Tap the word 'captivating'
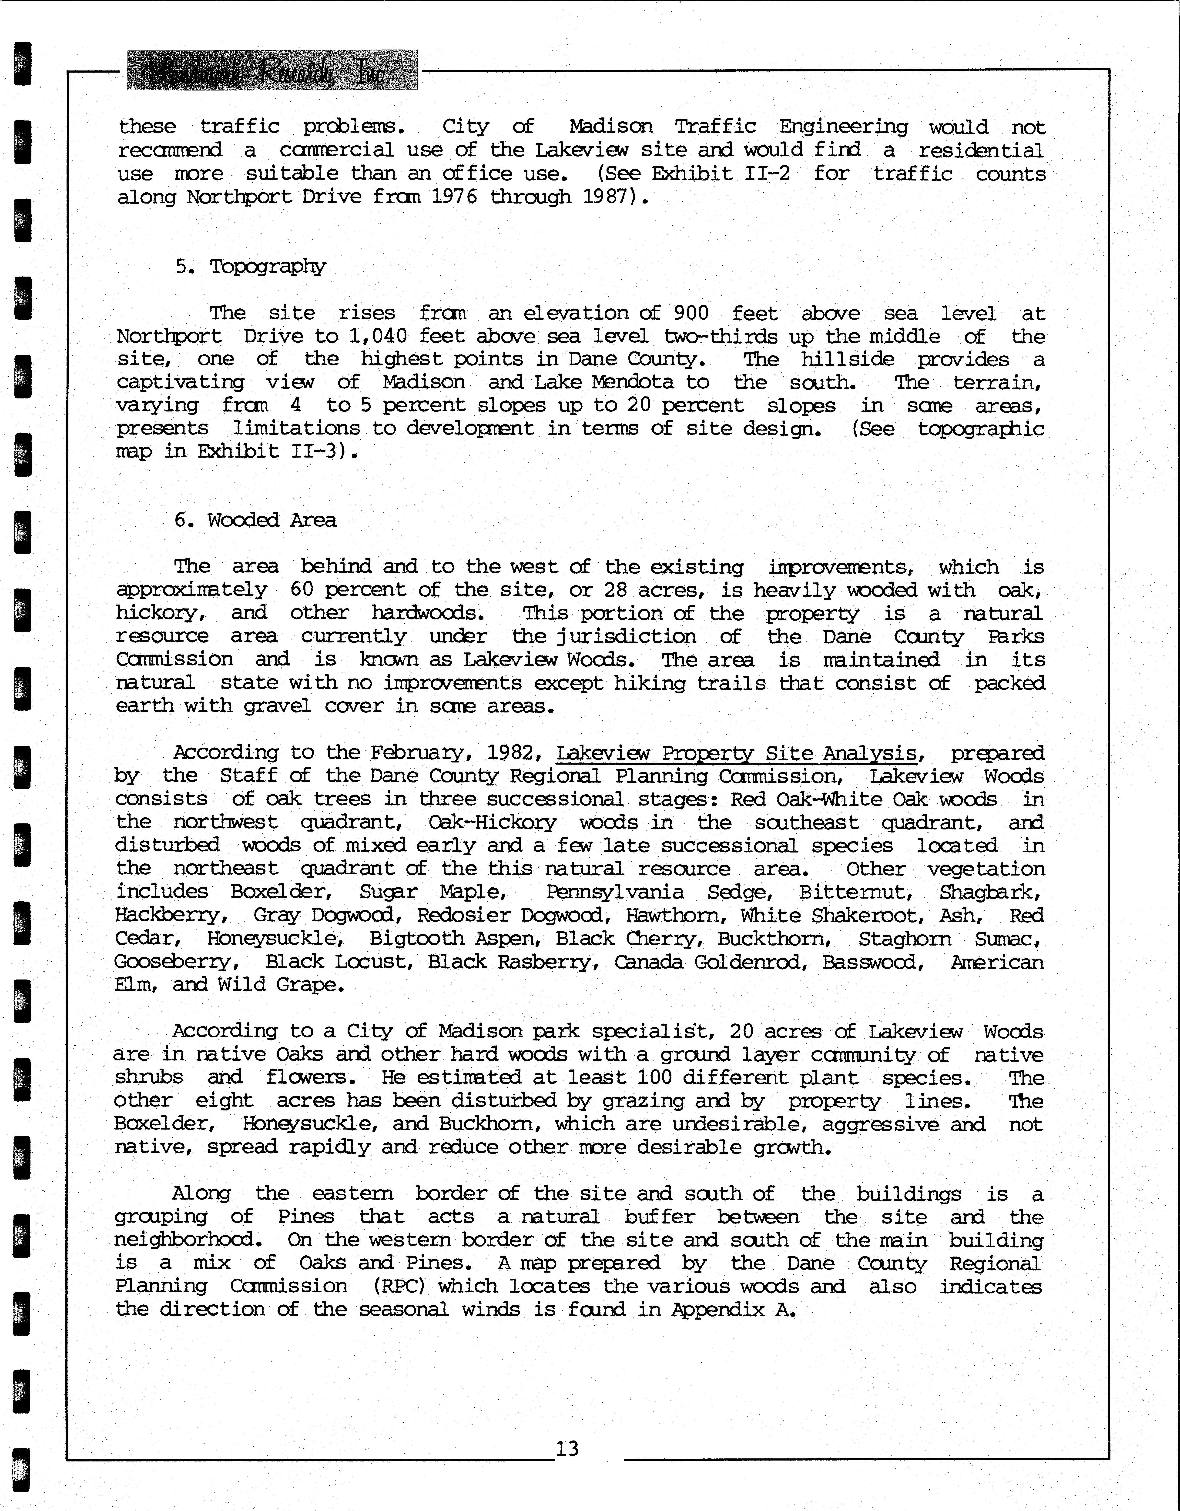click(x=180, y=383)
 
